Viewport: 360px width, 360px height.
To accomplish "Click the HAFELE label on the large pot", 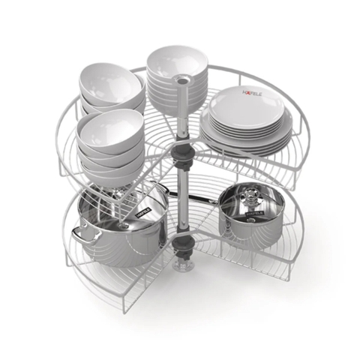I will pyautogui.click(x=142, y=212).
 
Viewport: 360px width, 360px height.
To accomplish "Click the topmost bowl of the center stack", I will pyautogui.click(x=177, y=60).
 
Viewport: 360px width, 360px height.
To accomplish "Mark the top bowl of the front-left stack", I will pyautogui.click(x=110, y=127).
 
